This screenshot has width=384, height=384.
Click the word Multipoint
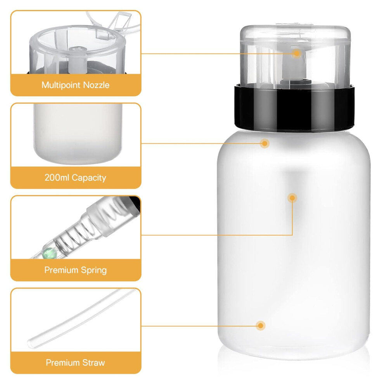[61, 85]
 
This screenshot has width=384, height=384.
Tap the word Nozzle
[96, 85]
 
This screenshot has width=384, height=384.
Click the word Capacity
[89, 178]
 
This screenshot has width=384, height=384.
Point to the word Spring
[94, 270]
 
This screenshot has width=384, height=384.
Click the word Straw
[93, 362]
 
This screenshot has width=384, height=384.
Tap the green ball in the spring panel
[49, 253]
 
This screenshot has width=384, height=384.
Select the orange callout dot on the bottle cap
[297, 54]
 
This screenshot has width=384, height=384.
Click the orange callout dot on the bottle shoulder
[265, 143]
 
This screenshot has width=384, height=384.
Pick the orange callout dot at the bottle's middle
[292, 198]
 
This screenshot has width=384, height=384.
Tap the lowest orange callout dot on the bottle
[261, 325]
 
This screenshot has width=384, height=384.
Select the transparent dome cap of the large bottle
[295, 55]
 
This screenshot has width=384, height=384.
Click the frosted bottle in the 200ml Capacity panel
[78, 133]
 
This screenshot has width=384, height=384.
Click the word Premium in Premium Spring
[61, 270]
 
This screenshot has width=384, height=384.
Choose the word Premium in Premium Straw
[62, 362]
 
